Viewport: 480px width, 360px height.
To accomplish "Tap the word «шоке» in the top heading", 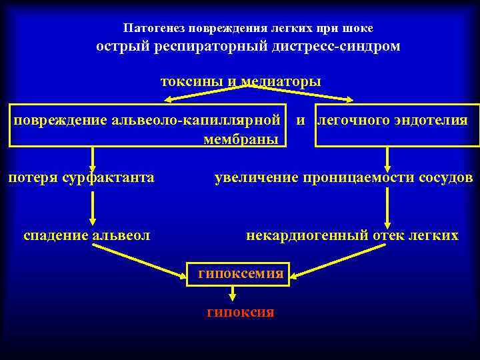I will point(359,29).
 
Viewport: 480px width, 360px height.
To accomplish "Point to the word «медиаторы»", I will point(281,81).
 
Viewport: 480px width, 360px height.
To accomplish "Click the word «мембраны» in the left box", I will point(244,139).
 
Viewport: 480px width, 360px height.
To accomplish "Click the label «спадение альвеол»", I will point(86,235).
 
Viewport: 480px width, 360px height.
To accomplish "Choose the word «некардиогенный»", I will point(299,235).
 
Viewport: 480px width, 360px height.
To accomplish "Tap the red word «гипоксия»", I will point(241,312).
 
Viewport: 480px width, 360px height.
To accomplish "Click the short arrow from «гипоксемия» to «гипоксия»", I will point(232,294).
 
